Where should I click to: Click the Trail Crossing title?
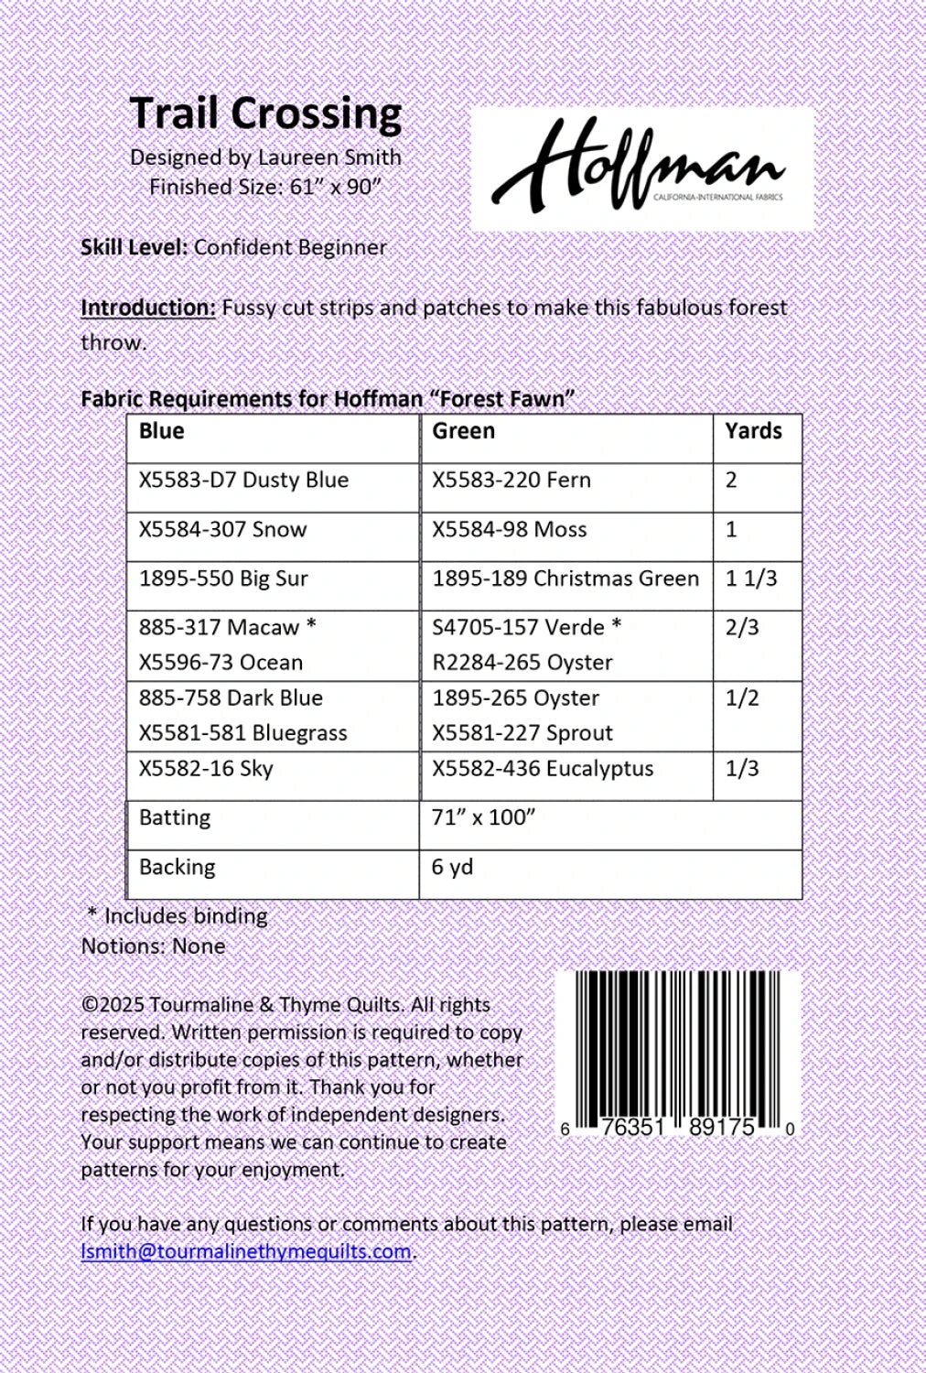tap(265, 114)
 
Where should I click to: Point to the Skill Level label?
tap(134, 247)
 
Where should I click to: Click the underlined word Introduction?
tap(148, 308)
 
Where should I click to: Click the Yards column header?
tap(753, 431)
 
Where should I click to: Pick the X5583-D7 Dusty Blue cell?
tap(243, 481)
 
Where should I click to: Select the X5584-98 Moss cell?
tap(509, 530)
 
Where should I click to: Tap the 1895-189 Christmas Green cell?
tap(565, 578)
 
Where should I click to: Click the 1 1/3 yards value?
tap(750, 578)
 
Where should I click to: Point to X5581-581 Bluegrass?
tap(242, 733)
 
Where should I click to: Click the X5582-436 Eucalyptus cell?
tap(542, 769)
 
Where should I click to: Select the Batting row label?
tap(175, 817)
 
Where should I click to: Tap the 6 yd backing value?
tap(452, 867)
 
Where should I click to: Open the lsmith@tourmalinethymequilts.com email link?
tap(245, 1251)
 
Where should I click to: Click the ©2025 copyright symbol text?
tap(113, 1005)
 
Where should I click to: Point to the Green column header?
tap(463, 431)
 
